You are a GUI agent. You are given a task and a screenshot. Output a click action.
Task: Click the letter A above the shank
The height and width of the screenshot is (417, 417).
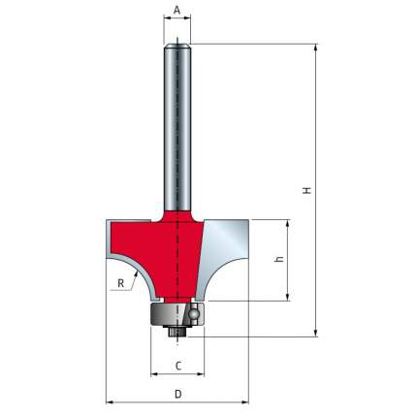pos(177,10)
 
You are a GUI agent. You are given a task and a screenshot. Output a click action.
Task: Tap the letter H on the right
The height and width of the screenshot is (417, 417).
pos(307,190)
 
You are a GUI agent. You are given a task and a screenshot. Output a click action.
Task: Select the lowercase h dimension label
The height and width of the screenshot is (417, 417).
pos(280,259)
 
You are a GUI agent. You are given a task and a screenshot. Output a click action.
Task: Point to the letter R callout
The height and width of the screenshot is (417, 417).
pos(121,283)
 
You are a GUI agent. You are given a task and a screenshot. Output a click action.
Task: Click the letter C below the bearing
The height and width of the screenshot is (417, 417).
pos(178,366)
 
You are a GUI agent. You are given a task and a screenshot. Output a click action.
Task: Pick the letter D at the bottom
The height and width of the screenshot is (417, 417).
pos(178,394)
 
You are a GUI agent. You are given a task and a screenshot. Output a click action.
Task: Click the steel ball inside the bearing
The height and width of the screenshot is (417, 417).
pos(193,313)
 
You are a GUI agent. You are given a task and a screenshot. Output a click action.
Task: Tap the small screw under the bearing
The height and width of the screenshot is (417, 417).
pos(177,332)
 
